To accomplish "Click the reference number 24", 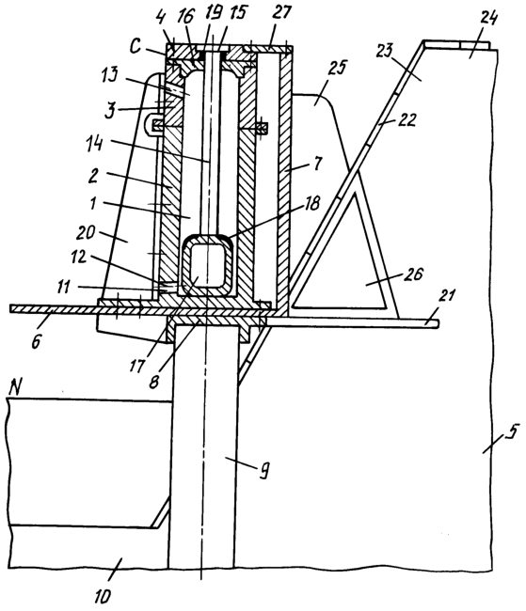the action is (x=488, y=18).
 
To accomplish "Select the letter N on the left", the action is (x=15, y=387).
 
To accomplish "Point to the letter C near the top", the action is (x=135, y=47).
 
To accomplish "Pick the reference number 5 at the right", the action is (x=513, y=432).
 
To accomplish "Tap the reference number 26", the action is (x=413, y=274).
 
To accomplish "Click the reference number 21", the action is (x=446, y=295).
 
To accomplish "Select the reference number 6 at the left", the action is (x=36, y=342).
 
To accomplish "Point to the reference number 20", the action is (x=86, y=232).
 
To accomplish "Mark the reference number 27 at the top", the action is (x=282, y=12).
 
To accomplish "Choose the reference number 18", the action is (x=312, y=203).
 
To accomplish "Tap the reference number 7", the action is (x=318, y=164).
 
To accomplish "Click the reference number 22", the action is (x=406, y=119).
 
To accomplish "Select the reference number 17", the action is (x=137, y=366).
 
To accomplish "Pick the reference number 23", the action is (x=385, y=52).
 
